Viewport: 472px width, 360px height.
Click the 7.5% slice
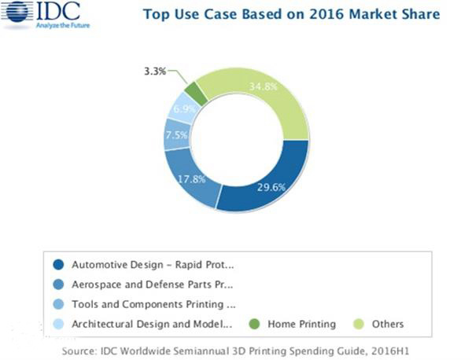(x=177, y=134)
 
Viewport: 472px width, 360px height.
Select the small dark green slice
(x=199, y=92)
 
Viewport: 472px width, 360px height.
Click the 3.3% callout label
(x=155, y=71)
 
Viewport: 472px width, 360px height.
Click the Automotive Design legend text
(x=153, y=264)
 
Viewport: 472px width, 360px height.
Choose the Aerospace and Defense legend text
(x=153, y=284)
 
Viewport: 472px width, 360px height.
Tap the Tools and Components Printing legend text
(x=153, y=303)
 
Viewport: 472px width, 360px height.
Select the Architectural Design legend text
(x=152, y=323)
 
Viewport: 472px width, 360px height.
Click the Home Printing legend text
(x=301, y=323)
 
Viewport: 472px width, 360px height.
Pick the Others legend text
(x=389, y=323)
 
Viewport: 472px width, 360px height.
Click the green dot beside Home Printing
(x=253, y=323)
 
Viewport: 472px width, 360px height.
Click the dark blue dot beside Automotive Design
(x=57, y=264)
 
